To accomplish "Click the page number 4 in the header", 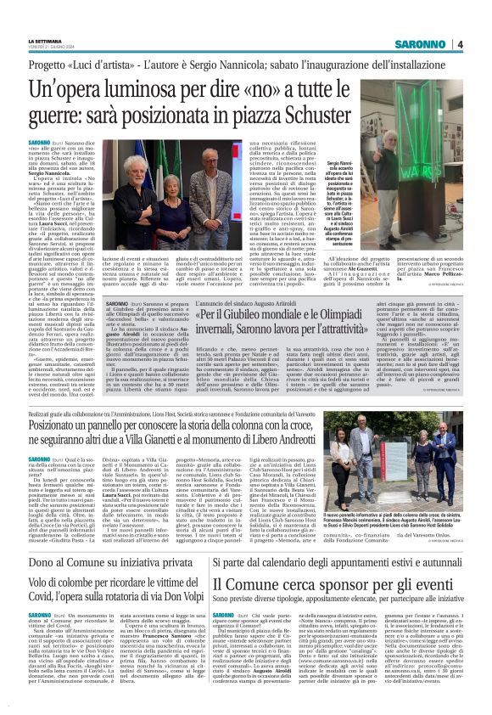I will pos(459,44).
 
